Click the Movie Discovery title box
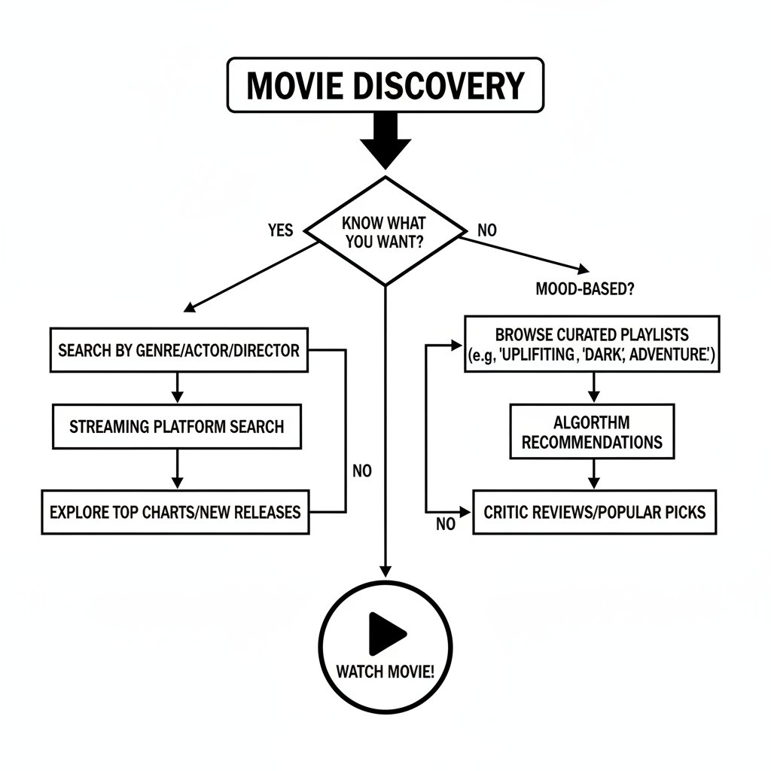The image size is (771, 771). [x=384, y=85]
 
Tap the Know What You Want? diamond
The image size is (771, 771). [x=385, y=231]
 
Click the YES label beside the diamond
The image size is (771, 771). [x=280, y=230]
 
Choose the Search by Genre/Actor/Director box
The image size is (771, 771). [x=178, y=350]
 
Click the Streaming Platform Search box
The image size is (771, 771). [x=176, y=427]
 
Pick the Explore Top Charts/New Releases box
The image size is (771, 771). [x=175, y=513]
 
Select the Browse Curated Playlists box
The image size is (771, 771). [x=592, y=344]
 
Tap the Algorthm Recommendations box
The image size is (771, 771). [x=592, y=431]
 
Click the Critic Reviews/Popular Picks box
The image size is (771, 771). [x=594, y=512]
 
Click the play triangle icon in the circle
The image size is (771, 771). [x=385, y=632]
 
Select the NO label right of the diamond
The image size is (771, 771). [x=487, y=230]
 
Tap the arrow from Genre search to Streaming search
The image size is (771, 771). [x=177, y=387]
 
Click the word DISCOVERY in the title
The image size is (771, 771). [x=440, y=85]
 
